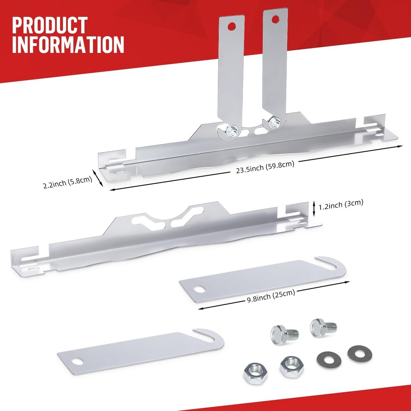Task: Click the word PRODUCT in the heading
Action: tap(50, 26)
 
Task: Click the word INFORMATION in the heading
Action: tap(68, 45)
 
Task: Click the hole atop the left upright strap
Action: tap(232, 26)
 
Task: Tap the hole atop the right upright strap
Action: tap(275, 18)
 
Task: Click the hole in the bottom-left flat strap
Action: tap(77, 361)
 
